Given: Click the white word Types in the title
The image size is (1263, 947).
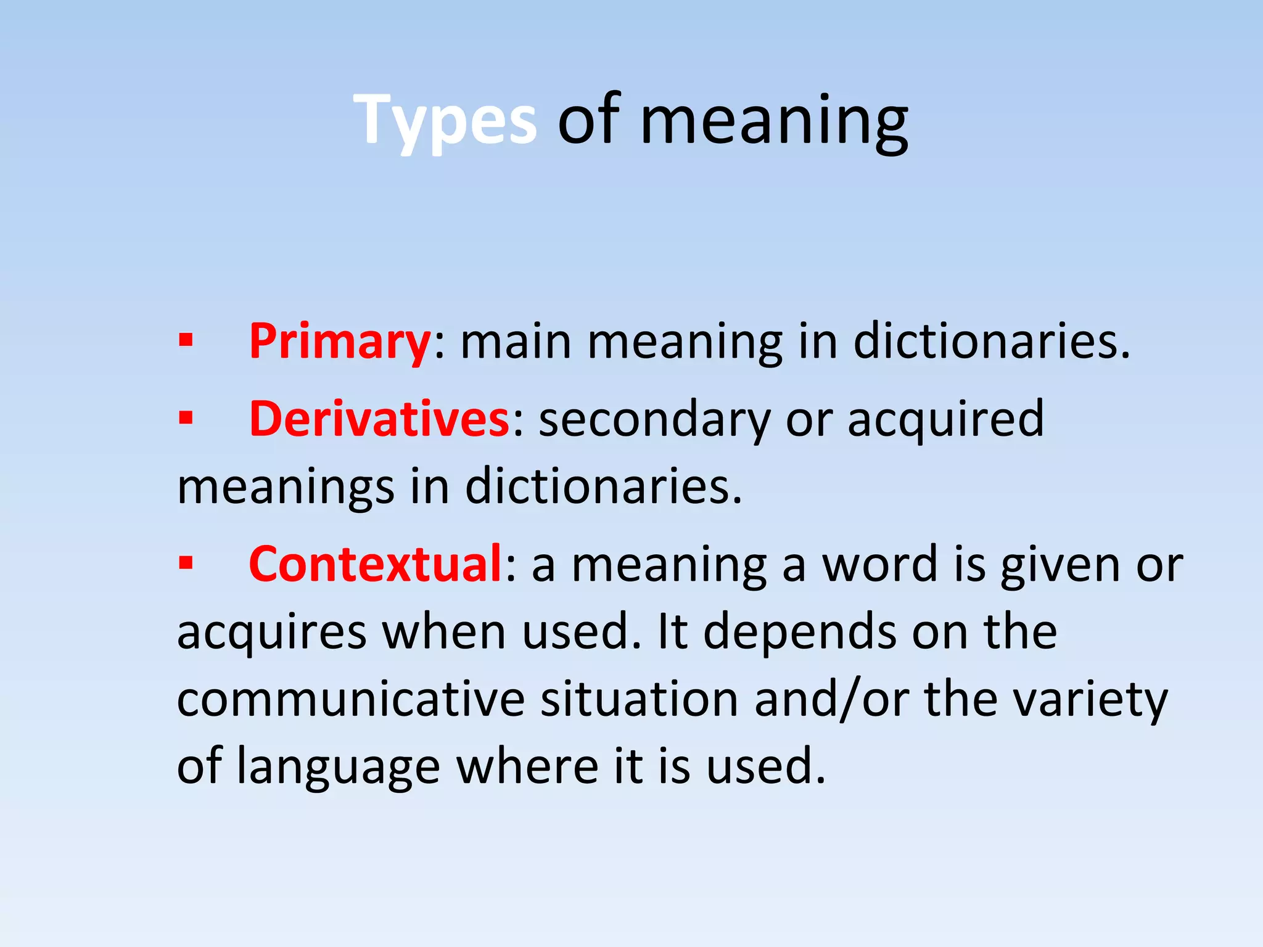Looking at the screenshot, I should click(x=445, y=120).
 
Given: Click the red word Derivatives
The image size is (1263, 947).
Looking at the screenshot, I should click(x=379, y=419).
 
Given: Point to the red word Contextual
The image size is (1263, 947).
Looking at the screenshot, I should click(x=376, y=564).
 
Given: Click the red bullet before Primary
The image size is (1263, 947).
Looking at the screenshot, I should click(x=186, y=340).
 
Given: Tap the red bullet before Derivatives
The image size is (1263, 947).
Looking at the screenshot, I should click(x=186, y=419).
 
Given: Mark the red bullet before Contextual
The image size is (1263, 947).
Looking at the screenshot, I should click(x=186, y=563).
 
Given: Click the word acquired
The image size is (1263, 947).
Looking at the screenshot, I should click(x=946, y=419).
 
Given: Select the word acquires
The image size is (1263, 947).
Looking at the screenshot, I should click(x=272, y=633).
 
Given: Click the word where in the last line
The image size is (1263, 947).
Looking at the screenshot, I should click(x=527, y=766).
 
